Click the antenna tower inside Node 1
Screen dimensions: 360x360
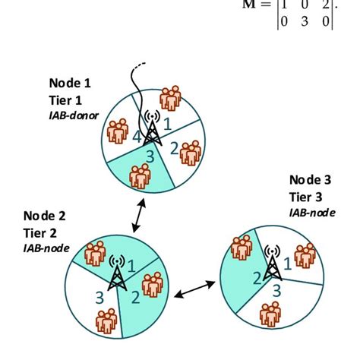151,130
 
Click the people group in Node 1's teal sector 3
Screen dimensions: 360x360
141,175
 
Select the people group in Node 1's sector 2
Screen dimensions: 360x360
189,152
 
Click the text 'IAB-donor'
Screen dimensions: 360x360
74,115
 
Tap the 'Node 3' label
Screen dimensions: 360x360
311,180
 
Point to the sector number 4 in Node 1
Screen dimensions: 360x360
136,138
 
